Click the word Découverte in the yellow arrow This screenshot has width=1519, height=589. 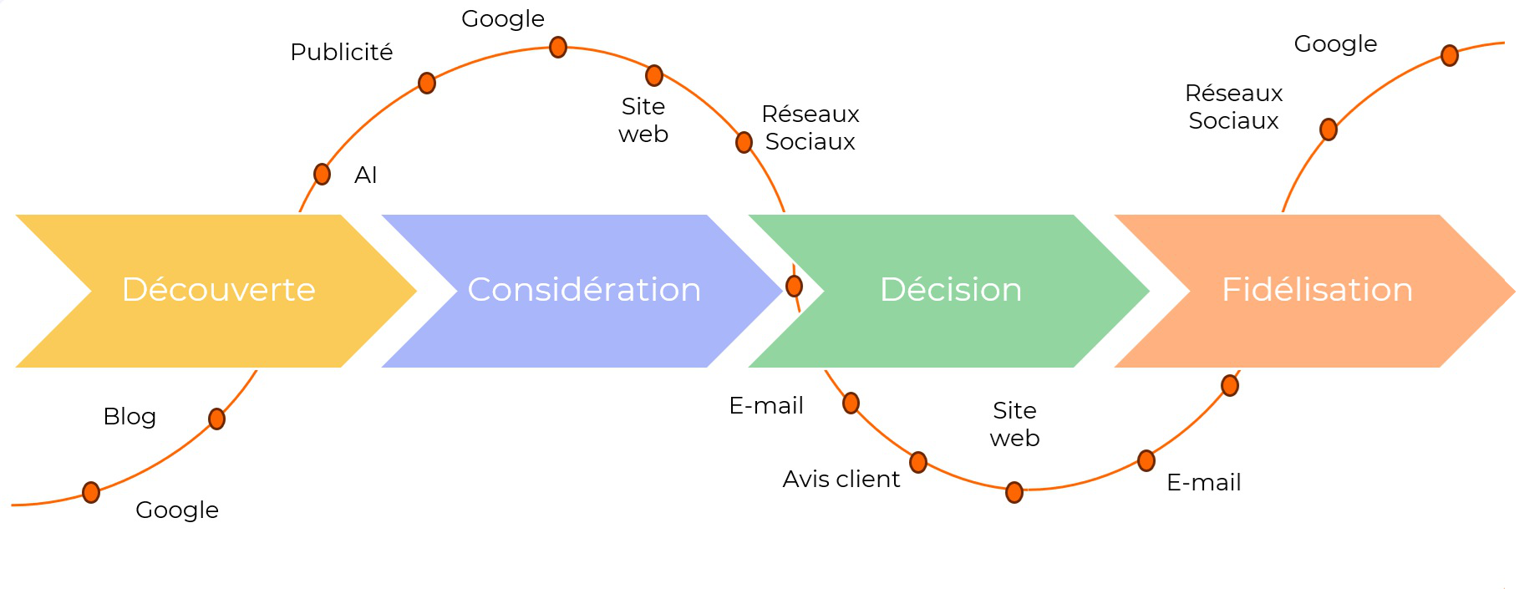(218, 289)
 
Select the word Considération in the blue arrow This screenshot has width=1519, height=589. (584, 289)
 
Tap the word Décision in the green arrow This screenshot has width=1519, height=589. (951, 289)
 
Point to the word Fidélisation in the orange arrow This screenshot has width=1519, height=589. (1317, 289)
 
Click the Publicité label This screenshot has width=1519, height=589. (341, 52)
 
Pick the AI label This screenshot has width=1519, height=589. (366, 175)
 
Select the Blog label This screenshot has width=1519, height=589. (130, 416)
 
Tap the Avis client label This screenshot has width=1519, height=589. (841, 479)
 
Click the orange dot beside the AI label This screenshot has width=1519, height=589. (322, 174)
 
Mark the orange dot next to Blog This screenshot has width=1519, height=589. (216, 419)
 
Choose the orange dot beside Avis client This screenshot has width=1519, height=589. (918, 462)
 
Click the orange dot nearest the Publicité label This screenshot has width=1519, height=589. (427, 83)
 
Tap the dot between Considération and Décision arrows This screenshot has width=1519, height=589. (794, 286)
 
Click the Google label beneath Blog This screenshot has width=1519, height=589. (177, 510)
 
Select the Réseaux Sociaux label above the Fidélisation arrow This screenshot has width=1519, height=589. (1233, 106)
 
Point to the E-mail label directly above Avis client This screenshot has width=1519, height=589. (765, 405)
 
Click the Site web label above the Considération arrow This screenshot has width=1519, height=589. (643, 119)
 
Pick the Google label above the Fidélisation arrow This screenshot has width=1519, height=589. (1335, 43)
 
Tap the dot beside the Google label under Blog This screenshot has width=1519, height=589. (91, 492)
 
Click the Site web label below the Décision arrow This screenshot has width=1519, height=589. (1014, 424)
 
